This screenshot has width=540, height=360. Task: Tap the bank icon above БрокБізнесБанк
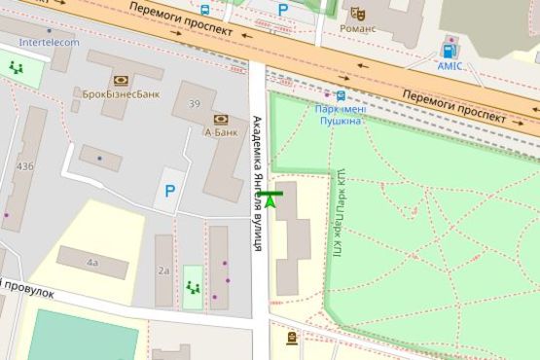coord(121,81)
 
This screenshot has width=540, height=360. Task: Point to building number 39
coord(195,104)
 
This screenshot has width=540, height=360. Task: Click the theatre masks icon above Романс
coord(357,14)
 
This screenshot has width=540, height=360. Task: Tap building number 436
coord(25,166)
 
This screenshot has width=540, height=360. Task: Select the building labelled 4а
coord(92,263)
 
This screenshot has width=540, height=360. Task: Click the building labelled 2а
coord(163,270)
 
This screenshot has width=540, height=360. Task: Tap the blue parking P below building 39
coord(170,192)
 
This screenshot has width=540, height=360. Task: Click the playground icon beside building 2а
coord(192,287)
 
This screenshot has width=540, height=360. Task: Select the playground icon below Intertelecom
coord(17,68)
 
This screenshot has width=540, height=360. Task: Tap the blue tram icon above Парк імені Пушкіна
coord(340,95)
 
